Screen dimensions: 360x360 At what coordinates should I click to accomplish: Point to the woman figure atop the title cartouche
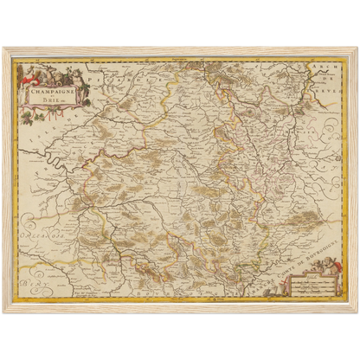52,67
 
